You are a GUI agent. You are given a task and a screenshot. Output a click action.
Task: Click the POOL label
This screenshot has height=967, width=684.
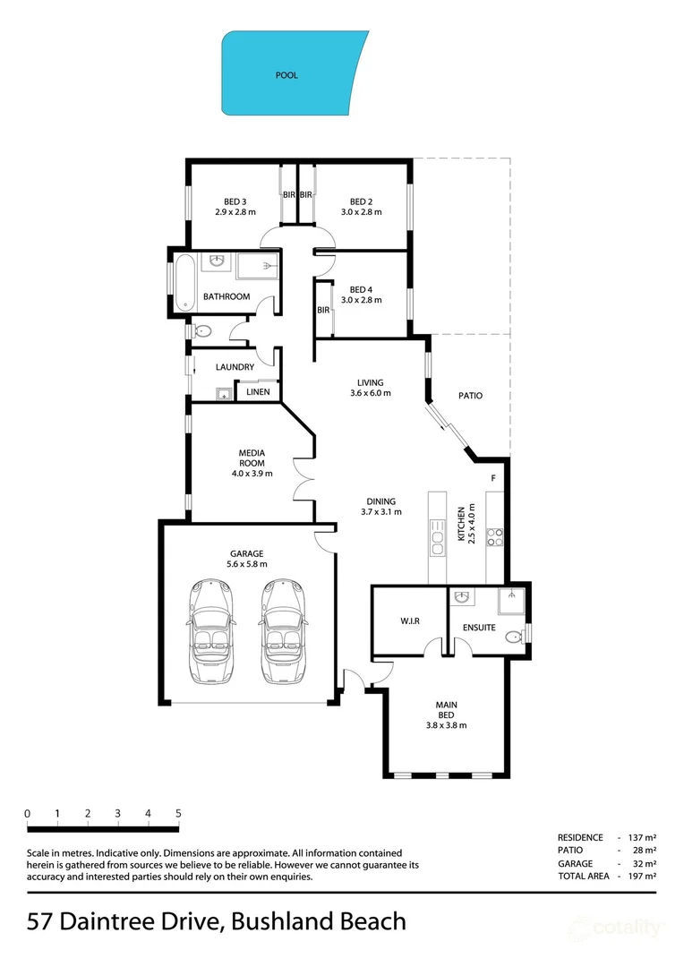pos(286,76)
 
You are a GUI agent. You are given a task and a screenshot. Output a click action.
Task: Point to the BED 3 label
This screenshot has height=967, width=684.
pos(235,201)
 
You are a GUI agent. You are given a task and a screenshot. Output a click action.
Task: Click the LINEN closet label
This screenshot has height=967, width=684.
pos(259,391)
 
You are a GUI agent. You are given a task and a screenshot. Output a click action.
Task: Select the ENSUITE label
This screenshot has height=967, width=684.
pos(479,628)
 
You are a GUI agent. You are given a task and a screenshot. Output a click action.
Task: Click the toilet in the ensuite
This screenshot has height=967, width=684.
pos(512,638)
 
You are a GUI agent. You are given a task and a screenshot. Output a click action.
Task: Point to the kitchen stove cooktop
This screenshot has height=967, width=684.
pos(494,537)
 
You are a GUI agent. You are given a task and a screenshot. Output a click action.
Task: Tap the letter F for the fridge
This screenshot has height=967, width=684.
pos(493,479)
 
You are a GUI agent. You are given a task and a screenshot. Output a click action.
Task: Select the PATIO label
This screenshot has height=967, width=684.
pos(471,395)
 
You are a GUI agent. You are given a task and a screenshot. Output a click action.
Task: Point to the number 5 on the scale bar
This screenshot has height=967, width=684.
pos(178,813)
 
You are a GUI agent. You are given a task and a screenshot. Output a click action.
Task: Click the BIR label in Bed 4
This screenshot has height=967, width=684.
pos(322,310)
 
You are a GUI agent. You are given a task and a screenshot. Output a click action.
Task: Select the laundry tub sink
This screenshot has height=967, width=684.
pos(221,393)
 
